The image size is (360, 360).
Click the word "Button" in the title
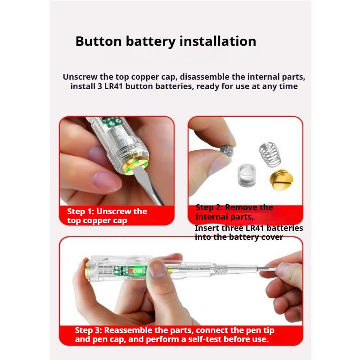pos(99,41)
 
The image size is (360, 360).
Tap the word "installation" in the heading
pos(218,41)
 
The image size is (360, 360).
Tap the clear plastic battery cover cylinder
pos(247,175)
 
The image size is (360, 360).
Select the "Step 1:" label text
pos(80,211)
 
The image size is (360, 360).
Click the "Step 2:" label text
pos(209,207)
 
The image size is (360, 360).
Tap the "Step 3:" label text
pos(88,330)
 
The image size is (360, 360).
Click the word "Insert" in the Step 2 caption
pos(206,228)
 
